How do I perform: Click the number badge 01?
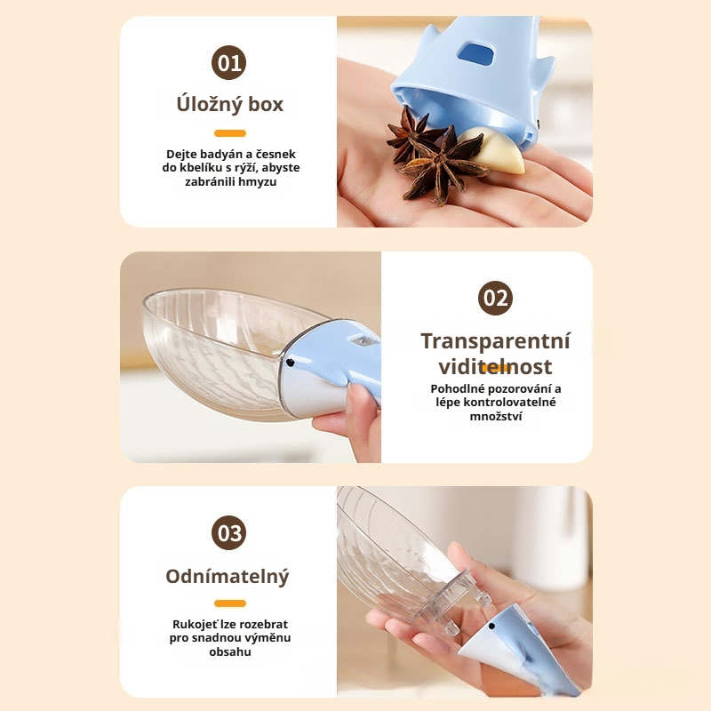(229, 62)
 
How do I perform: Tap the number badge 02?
(495, 298)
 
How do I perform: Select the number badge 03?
(229, 532)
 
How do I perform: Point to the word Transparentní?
(495, 341)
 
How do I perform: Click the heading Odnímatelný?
(228, 577)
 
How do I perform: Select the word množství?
(496, 416)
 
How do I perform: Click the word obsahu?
(230, 651)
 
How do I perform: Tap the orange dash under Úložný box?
(230, 133)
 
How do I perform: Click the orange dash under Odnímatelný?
(230, 603)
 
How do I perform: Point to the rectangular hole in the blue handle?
(475, 54)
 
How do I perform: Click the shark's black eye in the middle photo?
(290, 363)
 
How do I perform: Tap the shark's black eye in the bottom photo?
(491, 627)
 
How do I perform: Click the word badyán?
(220, 155)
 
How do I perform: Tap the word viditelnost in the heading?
(495, 366)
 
